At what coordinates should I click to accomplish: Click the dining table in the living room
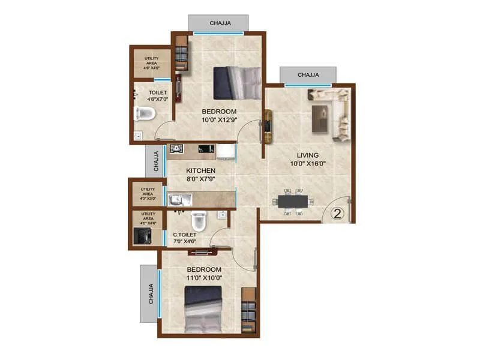(293, 201)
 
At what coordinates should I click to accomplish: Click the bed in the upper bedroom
(238, 83)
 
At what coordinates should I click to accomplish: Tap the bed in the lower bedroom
(203, 309)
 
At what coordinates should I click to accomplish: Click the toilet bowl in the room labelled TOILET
(145, 113)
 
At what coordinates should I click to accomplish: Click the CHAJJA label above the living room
(308, 75)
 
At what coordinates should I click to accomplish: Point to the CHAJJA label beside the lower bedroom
(151, 293)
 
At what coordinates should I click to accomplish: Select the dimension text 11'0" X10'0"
(204, 278)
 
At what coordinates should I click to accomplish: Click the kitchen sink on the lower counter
(177, 200)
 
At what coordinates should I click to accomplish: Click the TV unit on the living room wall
(267, 126)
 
